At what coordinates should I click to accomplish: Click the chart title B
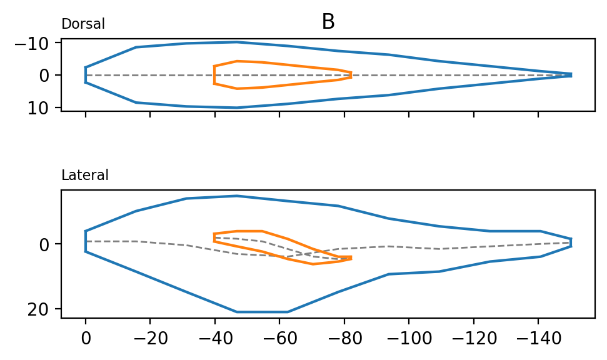328,22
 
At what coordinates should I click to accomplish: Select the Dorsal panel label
83,24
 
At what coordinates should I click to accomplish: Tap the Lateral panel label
85,176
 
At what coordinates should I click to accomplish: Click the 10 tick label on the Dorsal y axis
46,108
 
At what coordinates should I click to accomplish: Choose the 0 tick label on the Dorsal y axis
51,76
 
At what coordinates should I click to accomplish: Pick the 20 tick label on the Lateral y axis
46,309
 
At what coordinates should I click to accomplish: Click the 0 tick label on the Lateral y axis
51,244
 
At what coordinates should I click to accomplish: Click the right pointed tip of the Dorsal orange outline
351,75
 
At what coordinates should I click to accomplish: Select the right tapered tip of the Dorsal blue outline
571,75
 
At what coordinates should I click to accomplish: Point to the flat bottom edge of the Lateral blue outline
262,312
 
